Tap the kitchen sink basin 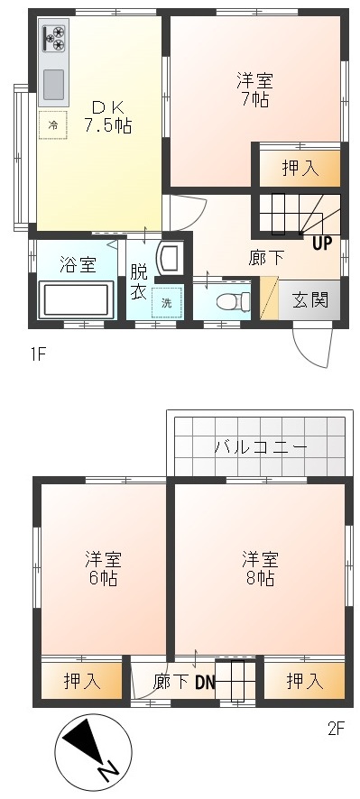click(x=53, y=85)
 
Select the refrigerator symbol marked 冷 click(x=53, y=124)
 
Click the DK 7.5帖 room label click(x=107, y=116)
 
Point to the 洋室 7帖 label click(x=254, y=89)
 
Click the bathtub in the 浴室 click(x=77, y=299)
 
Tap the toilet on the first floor click(x=234, y=301)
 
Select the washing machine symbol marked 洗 click(x=166, y=303)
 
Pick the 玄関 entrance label click(x=309, y=300)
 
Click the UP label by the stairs click(x=322, y=243)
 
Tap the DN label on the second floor click(x=206, y=682)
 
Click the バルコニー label click(x=260, y=448)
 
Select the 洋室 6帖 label click(x=103, y=569)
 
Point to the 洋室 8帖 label click(x=260, y=569)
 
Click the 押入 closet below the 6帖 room click(x=81, y=681)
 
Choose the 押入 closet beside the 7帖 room click(x=300, y=168)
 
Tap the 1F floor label click(x=38, y=354)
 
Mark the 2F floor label click(x=337, y=729)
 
